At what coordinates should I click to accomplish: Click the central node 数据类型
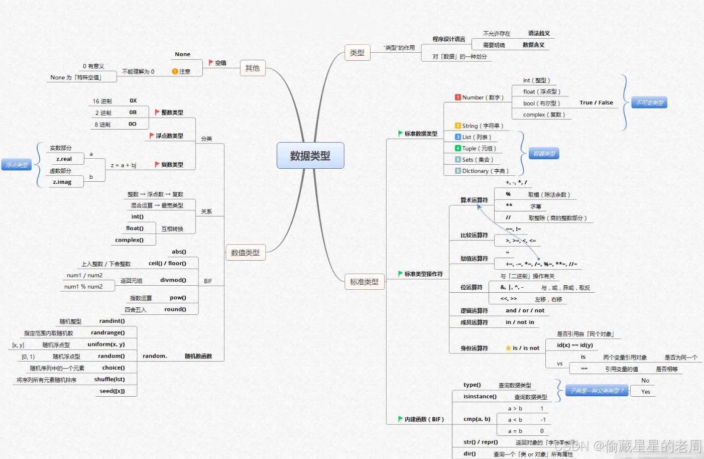pyautogui.click(x=310, y=156)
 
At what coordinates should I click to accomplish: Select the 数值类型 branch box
pyautogui.click(x=245, y=253)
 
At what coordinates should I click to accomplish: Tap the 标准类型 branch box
pyautogui.click(x=364, y=282)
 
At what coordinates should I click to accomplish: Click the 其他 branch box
pyautogui.click(x=252, y=68)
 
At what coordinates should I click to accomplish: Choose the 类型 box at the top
pyautogui.click(x=357, y=52)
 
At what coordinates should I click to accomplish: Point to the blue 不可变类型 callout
pyautogui.click(x=649, y=103)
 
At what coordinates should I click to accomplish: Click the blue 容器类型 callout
pyautogui.click(x=544, y=154)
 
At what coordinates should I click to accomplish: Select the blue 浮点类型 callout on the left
pyautogui.click(x=17, y=165)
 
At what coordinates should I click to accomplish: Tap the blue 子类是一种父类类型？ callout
pyautogui.click(x=597, y=391)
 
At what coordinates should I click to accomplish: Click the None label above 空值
pyautogui.click(x=182, y=54)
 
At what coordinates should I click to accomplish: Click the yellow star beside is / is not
pyautogui.click(x=508, y=348)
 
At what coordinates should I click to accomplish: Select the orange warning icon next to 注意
pyautogui.click(x=175, y=71)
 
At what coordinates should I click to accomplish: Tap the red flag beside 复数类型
pyautogui.click(x=157, y=164)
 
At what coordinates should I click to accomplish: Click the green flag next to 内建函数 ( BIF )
pyautogui.click(x=400, y=419)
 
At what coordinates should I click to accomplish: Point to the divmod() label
pyautogui.click(x=173, y=280)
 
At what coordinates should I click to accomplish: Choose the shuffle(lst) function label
pyautogui.click(x=109, y=380)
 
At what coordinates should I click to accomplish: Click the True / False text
pyautogui.click(x=596, y=103)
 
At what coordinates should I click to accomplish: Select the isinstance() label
pyautogui.click(x=480, y=397)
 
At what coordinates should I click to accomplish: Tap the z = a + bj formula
pyautogui.click(x=124, y=165)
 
